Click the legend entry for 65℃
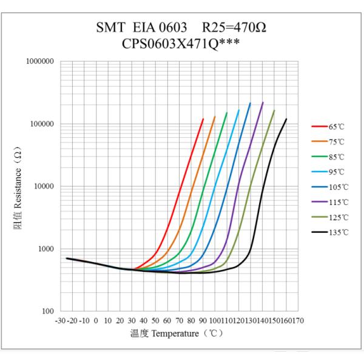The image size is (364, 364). (331, 126)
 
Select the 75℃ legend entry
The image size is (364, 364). (331, 141)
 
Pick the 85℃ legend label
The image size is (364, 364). (331, 157)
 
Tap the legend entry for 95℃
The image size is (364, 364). (331, 172)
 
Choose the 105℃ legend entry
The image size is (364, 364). (332, 187)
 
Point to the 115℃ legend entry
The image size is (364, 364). (332, 202)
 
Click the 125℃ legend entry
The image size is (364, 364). (332, 217)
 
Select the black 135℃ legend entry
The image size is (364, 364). (332, 232)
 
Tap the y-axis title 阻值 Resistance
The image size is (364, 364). (21, 186)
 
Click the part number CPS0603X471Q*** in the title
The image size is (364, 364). (182, 44)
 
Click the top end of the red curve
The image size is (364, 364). (203, 119)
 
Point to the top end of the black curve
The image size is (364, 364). (286, 119)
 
